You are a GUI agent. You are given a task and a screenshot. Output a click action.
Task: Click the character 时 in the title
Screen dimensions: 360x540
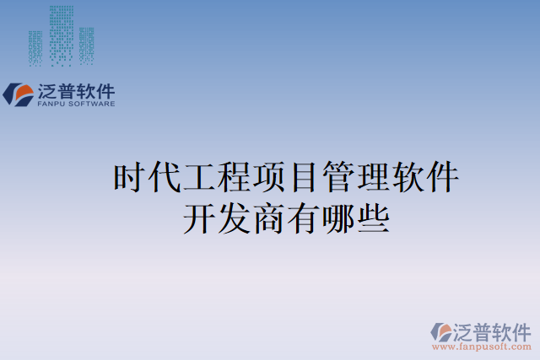coord(129,179)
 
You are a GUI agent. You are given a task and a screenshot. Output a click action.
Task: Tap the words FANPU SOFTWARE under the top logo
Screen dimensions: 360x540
coord(75,104)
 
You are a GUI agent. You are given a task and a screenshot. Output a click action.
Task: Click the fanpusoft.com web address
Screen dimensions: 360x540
coord(482,347)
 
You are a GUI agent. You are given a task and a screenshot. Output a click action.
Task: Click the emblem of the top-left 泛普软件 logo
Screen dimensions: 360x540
coord(19,94)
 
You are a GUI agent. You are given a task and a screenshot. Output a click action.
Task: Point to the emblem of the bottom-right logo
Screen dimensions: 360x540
coord(442,331)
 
